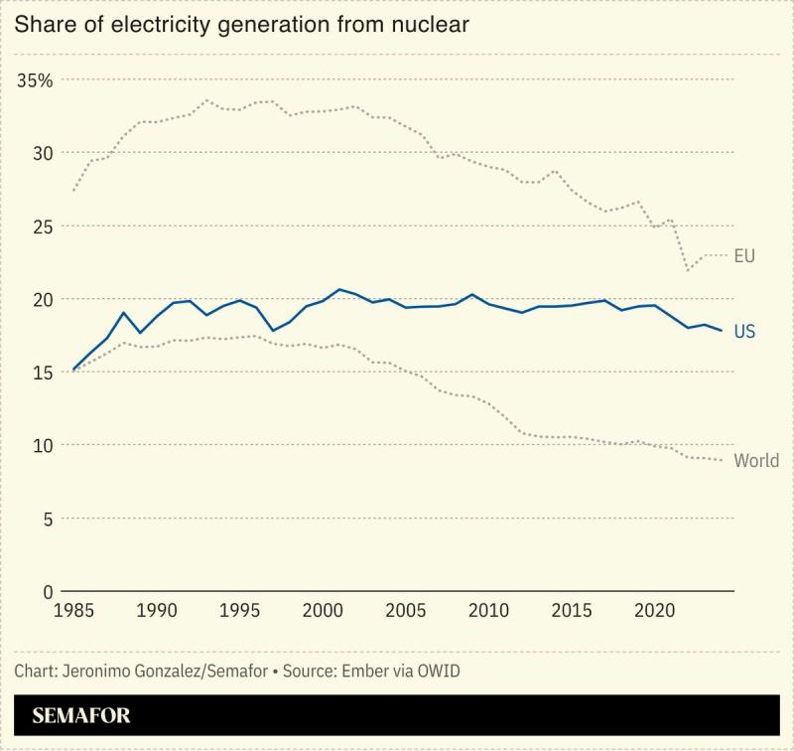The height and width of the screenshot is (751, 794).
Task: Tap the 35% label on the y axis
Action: (x=36, y=80)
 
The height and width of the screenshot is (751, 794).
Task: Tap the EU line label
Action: (x=744, y=256)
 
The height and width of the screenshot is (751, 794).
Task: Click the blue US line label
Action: (x=744, y=332)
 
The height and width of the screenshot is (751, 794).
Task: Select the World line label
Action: (x=756, y=461)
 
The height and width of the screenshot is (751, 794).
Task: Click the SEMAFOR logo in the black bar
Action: (x=81, y=715)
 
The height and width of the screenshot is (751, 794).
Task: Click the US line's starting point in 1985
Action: (x=72, y=370)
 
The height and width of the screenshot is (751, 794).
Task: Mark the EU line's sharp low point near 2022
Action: (x=688, y=270)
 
